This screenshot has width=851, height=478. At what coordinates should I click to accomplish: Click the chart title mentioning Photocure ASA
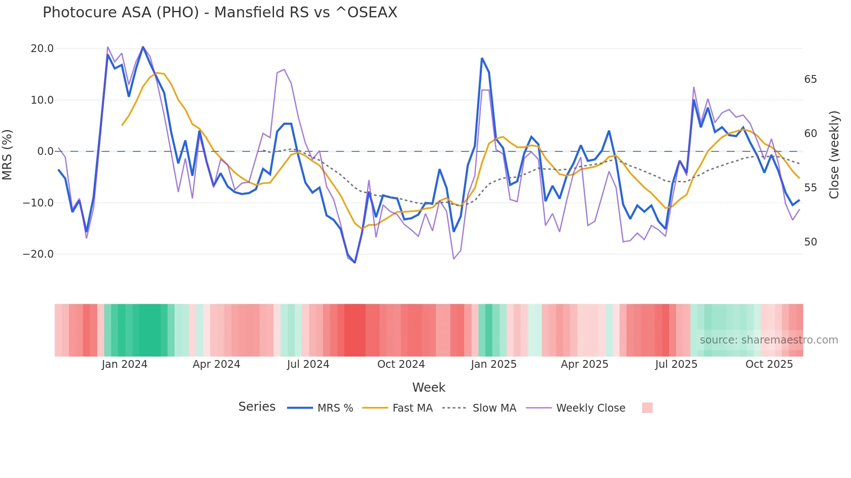pos(220,12)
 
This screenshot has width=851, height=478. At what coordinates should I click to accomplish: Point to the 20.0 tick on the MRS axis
pos(42,48)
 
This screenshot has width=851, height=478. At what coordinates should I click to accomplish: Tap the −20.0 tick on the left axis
pos(38,254)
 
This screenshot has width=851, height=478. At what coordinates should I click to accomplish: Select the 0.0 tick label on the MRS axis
pos(45,151)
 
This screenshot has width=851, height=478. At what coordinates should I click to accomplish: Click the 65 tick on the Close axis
pos(810,79)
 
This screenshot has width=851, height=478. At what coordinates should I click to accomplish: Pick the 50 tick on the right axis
pos(810,242)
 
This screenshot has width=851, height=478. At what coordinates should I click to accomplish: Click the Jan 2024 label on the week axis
pos(125,364)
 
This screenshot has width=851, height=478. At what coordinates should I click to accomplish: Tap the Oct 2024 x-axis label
pos(401,364)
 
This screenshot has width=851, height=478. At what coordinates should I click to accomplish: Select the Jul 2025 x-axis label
pos(676,364)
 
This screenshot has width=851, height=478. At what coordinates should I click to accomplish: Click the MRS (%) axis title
pos(7,154)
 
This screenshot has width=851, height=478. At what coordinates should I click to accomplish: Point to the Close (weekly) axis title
pos(834,154)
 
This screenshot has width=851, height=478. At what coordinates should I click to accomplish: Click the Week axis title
pos(429,387)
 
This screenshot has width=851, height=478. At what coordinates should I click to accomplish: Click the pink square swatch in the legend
pos(647,408)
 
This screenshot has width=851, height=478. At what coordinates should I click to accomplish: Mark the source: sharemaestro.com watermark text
pos(769,340)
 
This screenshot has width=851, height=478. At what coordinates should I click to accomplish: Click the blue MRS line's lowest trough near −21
pos(355,262)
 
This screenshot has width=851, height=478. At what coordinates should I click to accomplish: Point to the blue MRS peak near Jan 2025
pos(482,58)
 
